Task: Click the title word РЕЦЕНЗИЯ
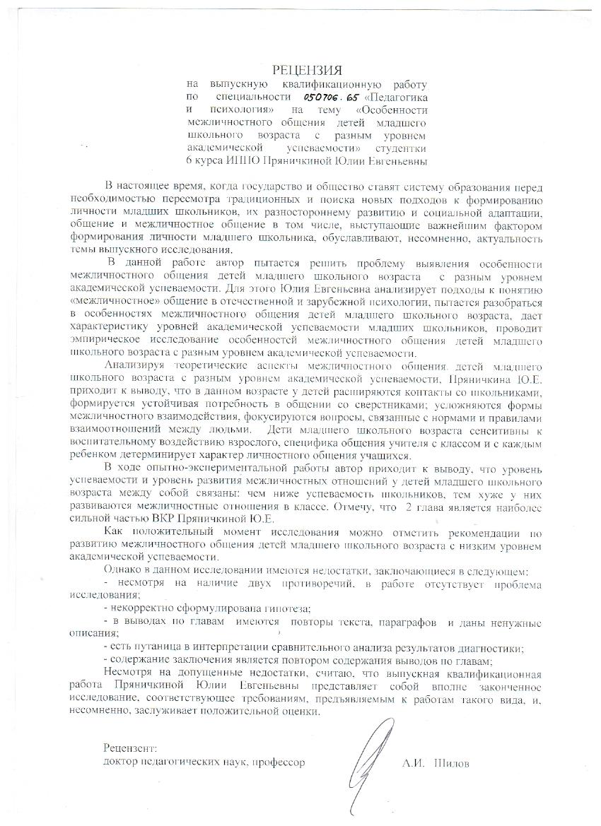(x=307, y=70)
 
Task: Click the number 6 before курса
(x=189, y=162)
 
